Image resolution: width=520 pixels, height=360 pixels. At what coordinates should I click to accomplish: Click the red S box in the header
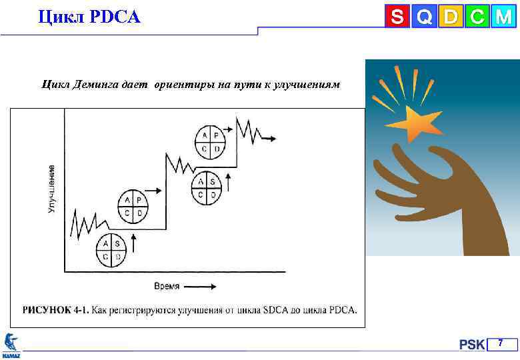397,16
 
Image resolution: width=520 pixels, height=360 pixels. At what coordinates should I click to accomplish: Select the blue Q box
423,16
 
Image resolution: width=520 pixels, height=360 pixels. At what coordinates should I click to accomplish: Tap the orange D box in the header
450,16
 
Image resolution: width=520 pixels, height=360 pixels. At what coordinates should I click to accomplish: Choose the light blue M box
502,16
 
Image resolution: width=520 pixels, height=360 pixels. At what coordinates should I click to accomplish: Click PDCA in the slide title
113,16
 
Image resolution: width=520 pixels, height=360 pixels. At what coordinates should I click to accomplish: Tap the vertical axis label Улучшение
51,189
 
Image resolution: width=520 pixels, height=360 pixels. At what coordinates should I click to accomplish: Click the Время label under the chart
167,287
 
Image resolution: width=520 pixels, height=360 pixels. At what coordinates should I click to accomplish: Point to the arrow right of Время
200,287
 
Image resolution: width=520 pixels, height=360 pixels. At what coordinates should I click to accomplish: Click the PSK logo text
472,345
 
